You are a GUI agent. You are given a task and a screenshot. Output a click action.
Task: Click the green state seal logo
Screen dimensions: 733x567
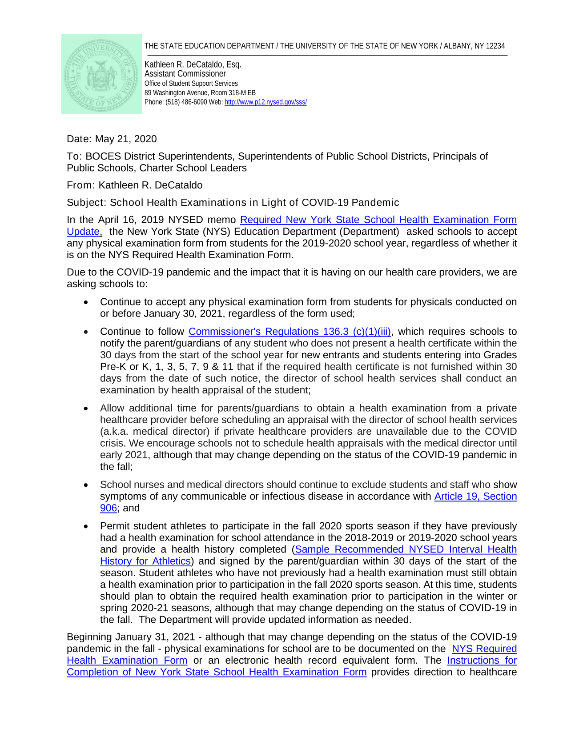point(101,74)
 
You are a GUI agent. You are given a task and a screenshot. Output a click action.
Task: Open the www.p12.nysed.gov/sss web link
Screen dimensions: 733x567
point(265,102)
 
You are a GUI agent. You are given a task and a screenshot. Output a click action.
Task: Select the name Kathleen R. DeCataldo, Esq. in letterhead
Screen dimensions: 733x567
point(193,64)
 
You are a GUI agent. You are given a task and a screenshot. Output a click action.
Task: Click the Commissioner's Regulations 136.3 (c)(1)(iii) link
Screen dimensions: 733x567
point(290,332)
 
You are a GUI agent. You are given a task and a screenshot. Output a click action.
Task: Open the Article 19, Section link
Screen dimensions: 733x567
point(475,497)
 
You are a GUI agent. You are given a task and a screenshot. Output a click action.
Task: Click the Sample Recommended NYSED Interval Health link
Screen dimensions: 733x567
point(406,550)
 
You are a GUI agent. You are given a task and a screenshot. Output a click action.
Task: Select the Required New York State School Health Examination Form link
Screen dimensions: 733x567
point(378,220)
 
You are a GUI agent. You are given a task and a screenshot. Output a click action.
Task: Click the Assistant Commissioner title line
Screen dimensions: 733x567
point(185,74)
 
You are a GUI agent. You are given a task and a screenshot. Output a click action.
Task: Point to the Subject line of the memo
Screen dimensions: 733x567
point(233,203)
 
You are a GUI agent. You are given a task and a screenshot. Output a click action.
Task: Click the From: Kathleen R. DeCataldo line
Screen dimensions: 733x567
point(134,185)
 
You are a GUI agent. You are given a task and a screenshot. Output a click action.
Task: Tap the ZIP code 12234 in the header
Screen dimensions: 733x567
point(495,46)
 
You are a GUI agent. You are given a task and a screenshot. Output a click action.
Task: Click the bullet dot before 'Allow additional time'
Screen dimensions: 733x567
point(86,409)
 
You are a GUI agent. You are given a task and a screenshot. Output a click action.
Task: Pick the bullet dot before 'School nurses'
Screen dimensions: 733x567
point(86,485)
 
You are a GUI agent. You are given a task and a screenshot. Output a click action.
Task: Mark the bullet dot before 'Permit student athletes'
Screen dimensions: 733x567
point(86,526)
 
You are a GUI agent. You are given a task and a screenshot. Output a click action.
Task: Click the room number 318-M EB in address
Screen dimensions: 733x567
point(236,93)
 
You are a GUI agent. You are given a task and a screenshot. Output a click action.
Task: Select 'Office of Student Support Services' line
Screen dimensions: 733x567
point(191,84)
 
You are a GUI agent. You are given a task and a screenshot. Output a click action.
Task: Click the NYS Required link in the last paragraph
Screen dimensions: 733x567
point(484,649)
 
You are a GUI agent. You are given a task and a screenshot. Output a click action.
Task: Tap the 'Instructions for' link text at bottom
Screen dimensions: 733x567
point(482,661)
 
